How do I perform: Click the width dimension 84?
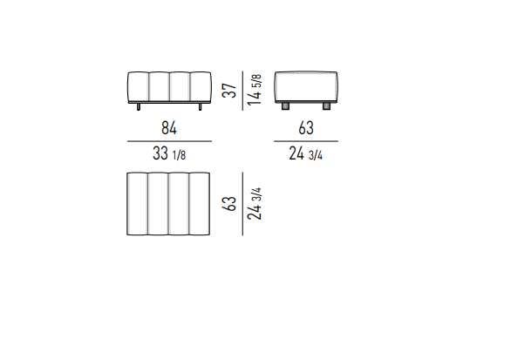click(169, 128)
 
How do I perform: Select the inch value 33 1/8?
click(169, 153)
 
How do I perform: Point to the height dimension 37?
click(229, 91)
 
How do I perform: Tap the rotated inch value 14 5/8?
click(255, 90)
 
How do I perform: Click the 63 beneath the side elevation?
click(306, 128)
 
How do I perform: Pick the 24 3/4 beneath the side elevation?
click(305, 153)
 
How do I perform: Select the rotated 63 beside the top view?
click(229, 204)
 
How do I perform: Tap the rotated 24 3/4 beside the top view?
click(255, 204)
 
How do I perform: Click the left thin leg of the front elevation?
click(139, 106)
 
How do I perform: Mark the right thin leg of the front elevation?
click(201, 106)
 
